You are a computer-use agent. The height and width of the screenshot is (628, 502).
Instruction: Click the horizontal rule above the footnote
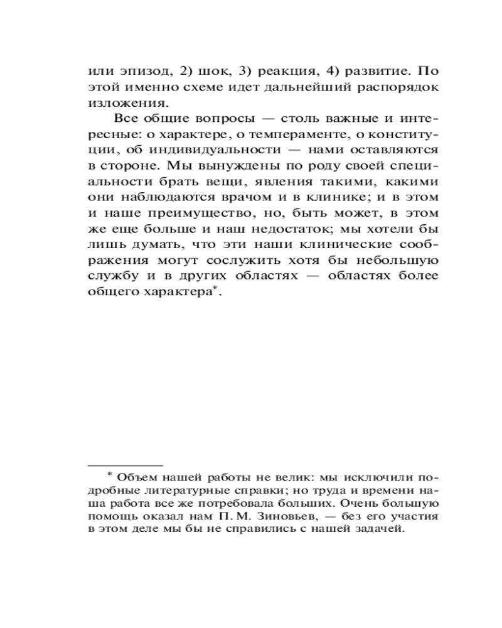[125, 465]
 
